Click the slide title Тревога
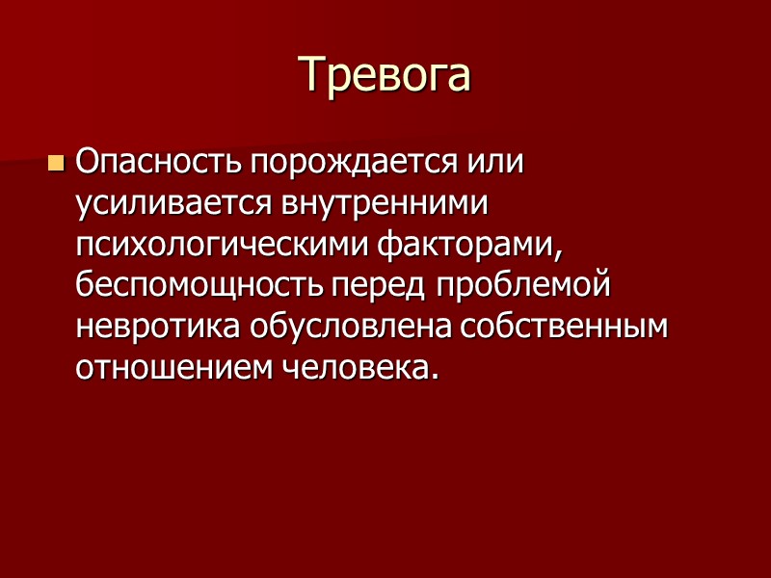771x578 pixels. coord(385,74)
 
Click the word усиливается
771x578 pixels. coord(175,204)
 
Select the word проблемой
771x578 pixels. coord(526,288)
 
